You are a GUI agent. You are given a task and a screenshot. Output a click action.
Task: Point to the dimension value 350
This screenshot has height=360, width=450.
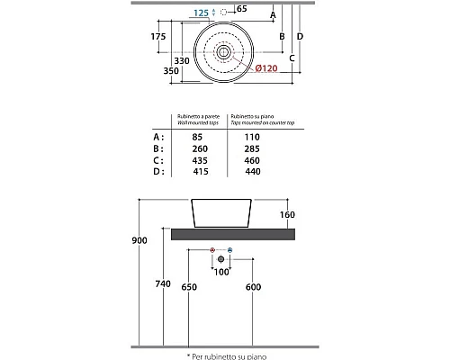(x=161, y=69)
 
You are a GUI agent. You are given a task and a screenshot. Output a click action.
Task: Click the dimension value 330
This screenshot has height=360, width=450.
(x=184, y=60)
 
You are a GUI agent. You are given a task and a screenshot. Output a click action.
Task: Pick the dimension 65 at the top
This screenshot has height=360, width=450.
(x=240, y=8)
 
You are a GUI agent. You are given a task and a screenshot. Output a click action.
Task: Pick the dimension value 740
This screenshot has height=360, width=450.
(x=163, y=283)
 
